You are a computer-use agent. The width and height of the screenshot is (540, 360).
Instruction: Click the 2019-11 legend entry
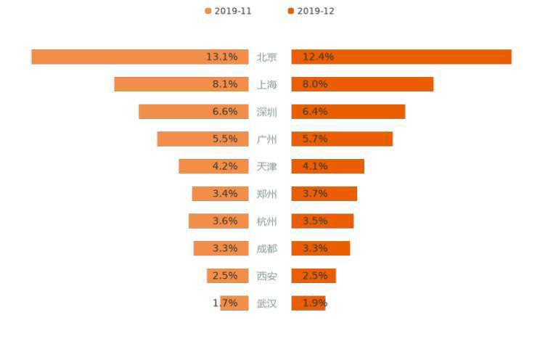click(228, 11)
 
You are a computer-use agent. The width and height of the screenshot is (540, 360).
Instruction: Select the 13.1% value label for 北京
click(221, 57)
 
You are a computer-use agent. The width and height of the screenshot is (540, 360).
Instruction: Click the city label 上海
click(266, 84)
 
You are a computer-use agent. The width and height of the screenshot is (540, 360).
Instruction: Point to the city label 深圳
click(266, 112)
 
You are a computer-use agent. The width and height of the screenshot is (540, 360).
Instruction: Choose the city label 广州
click(266, 139)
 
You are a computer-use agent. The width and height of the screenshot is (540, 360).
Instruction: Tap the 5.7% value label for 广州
click(315, 139)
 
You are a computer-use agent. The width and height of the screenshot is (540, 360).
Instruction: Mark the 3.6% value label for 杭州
click(225, 221)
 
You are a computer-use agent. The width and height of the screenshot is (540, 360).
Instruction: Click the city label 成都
click(266, 248)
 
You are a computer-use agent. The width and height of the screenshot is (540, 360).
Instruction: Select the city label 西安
click(266, 276)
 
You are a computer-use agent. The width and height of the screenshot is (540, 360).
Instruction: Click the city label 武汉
click(266, 303)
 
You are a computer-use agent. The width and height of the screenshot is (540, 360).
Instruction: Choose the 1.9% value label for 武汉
click(315, 303)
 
